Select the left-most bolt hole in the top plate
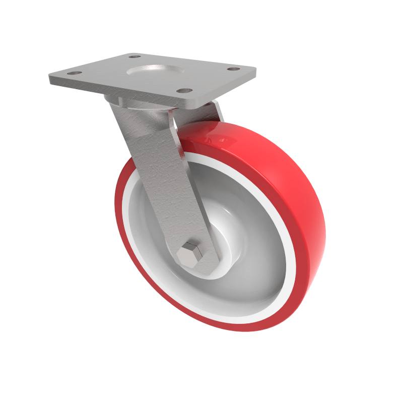pyautogui.click(x=74, y=74)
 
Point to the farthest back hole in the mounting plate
pyautogui.click(x=135, y=56)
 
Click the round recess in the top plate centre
pyautogui.click(x=154, y=71)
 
